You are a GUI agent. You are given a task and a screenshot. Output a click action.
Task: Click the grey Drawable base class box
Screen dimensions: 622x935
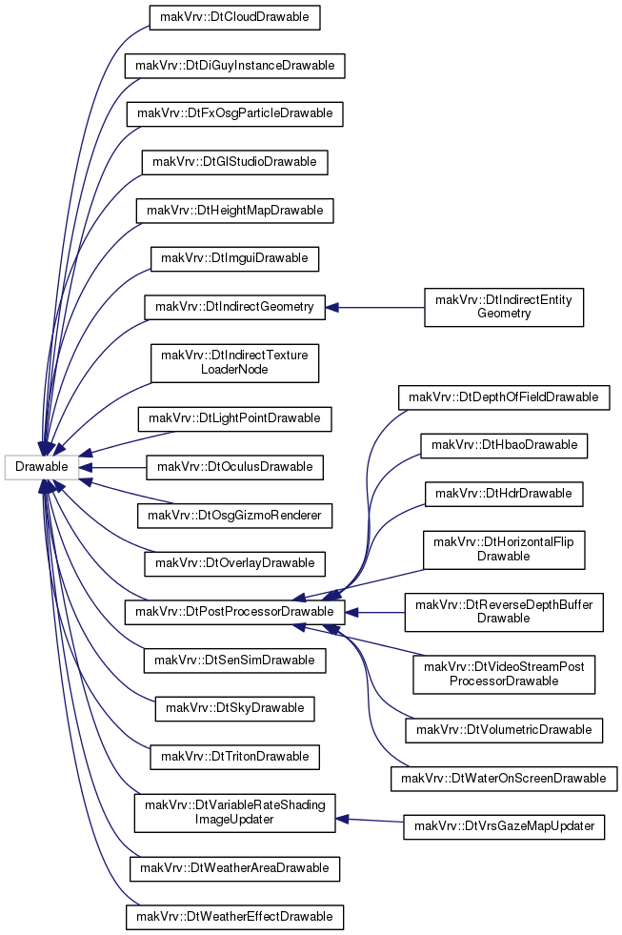pyautogui.click(x=41, y=467)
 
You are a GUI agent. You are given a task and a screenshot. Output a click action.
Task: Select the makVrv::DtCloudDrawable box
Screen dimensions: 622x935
pyautogui.click(x=234, y=17)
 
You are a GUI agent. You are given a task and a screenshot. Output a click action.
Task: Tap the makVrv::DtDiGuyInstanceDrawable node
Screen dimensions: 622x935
pyautogui.click(x=234, y=66)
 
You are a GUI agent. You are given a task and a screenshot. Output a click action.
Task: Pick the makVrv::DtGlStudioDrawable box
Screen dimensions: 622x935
pyautogui.click(x=234, y=162)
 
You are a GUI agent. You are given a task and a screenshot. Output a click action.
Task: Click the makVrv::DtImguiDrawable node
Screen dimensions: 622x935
pyautogui.click(x=234, y=259)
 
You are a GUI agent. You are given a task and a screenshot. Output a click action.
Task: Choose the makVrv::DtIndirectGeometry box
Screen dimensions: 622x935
pyautogui.click(x=234, y=307)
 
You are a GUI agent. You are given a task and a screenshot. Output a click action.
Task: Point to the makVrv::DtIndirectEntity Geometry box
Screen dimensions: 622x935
pyautogui.click(x=504, y=307)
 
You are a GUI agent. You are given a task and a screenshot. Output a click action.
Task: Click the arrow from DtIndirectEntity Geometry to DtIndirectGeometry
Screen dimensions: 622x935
pyautogui.click(x=374, y=308)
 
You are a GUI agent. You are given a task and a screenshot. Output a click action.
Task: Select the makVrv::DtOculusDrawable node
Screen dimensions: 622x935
pyautogui.click(x=234, y=467)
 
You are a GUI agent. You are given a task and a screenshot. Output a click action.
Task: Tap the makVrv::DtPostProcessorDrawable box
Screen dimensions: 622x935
pyautogui.click(x=234, y=613)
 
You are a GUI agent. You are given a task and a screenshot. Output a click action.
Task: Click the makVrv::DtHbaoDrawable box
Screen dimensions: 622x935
pyautogui.click(x=504, y=445)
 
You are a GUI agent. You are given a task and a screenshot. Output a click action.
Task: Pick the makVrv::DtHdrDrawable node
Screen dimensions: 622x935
pyautogui.click(x=504, y=494)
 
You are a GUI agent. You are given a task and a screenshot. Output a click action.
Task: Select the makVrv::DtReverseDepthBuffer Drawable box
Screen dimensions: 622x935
pyautogui.click(x=504, y=613)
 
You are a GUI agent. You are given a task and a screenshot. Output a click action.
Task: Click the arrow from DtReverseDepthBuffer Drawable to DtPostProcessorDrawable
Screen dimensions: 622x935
pyautogui.click(x=374, y=613)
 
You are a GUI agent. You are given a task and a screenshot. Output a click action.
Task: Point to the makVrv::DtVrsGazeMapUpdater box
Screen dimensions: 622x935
pyautogui.click(x=504, y=826)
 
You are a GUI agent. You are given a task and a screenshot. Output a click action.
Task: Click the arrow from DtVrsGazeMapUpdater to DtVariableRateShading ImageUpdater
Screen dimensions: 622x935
pyautogui.click(x=370, y=821)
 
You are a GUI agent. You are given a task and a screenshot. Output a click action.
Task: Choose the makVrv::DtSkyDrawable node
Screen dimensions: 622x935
pyautogui.click(x=234, y=708)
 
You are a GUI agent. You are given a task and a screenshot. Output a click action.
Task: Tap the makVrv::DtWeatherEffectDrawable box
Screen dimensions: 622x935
pyautogui.click(x=234, y=917)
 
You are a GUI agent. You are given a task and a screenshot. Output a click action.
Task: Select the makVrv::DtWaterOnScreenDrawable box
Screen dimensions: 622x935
pyautogui.click(x=504, y=779)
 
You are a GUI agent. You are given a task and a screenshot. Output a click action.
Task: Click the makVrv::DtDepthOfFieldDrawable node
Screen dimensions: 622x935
pyautogui.click(x=504, y=397)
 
